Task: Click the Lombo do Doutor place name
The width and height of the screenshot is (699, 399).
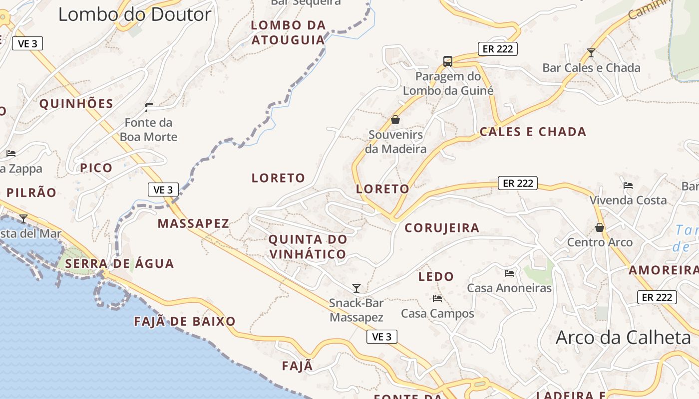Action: pyautogui.click(x=135, y=14)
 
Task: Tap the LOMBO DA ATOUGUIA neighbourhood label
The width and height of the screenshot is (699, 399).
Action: pyautogui.click(x=288, y=32)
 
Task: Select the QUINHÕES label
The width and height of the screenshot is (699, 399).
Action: pyautogui.click(x=76, y=104)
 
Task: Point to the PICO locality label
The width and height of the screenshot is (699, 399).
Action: pyautogui.click(x=96, y=168)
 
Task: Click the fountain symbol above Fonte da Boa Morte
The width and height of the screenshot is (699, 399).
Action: pyautogui.click(x=149, y=107)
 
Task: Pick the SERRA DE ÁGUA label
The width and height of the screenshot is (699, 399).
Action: pyautogui.click(x=119, y=264)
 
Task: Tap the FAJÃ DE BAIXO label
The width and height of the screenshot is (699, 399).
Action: pyautogui.click(x=185, y=322)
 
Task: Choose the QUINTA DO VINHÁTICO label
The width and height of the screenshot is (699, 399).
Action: pyautogui.click(x=308, y=246)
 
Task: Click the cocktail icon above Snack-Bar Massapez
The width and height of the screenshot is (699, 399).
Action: pyautogui.click(x=356, y=288)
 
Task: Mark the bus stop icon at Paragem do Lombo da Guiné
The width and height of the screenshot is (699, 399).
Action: pyautogui.click(x=448, y=61)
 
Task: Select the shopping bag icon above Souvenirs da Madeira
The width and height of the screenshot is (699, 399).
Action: pyautogui.click(x=395, y=120)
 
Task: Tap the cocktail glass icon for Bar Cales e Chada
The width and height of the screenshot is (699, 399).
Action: pyautogui.click(x=591, y=52)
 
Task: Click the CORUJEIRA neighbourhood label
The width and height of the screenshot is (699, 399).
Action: pyautogui.click(x=442, y=228)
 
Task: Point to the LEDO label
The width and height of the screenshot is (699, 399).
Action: pyautogui.click(x=436, y=276)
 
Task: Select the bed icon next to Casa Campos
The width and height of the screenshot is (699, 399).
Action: pyautogui.click(x=437, y=299)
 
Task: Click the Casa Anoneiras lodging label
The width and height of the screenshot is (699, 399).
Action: pyautogui.click(x=509, y=288)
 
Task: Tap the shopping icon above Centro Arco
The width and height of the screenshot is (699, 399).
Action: pyautogui.click(x=600, y=227)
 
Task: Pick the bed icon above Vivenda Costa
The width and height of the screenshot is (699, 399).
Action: pyautogui.click(x=628, y=186)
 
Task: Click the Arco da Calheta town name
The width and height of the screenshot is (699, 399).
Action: pyautogui.click(x=623, y=338)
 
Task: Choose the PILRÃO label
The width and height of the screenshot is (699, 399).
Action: pyautogui.click(x=31, y=193)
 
